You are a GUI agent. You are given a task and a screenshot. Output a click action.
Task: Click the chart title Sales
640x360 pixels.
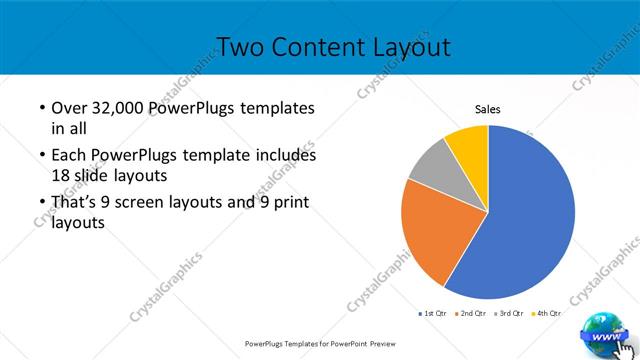487,110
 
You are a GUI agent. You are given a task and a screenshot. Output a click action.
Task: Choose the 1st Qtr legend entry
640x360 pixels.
433,313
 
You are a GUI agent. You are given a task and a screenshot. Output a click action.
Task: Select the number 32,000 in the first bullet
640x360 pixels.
118,108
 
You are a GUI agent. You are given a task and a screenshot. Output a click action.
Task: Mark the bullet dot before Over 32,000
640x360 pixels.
42,108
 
